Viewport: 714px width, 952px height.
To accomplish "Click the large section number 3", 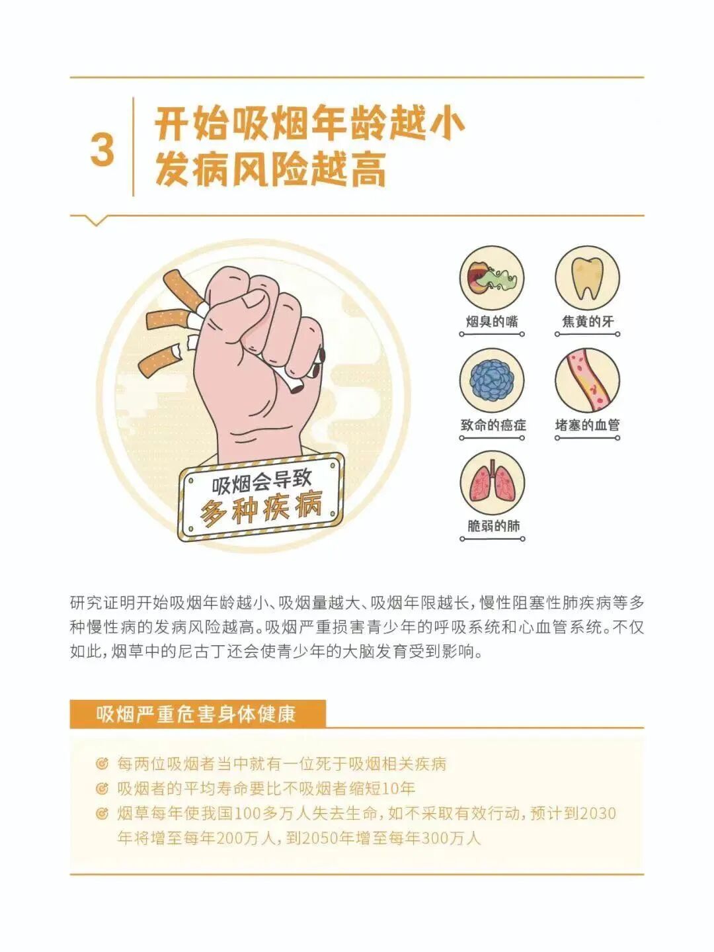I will pyautogui.click(x=102, y=150).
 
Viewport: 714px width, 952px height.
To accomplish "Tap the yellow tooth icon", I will pyautogui.click(x=587, y=278).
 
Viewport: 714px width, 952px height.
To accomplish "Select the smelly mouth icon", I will pyautogui.click(x=492, y=278).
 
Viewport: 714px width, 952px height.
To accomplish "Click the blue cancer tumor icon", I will pyautogui.click(x=492, y=381).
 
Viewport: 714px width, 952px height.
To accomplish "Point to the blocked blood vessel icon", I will pyautogui.click(x=587, y=381).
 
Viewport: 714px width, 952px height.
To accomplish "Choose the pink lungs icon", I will pyautogui.click(x=492, y=484).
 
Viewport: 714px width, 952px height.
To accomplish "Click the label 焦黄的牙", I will pyautogui.click(x=587, y=322).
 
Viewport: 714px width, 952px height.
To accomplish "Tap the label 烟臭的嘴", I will pyautogui.click(x=492, y=322).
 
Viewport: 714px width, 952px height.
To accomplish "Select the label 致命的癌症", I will pyautogui.click(x=493, y=425).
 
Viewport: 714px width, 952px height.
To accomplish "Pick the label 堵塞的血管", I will pyautogui.click(x=587, y=425).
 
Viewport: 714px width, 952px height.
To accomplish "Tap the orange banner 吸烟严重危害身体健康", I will pyautogui.click(x=197, y=714).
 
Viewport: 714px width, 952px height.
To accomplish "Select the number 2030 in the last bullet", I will pyautogui.click(x=598, y=813).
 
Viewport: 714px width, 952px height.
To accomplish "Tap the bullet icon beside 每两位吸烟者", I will pyautogui.click(x=102, y=764).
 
